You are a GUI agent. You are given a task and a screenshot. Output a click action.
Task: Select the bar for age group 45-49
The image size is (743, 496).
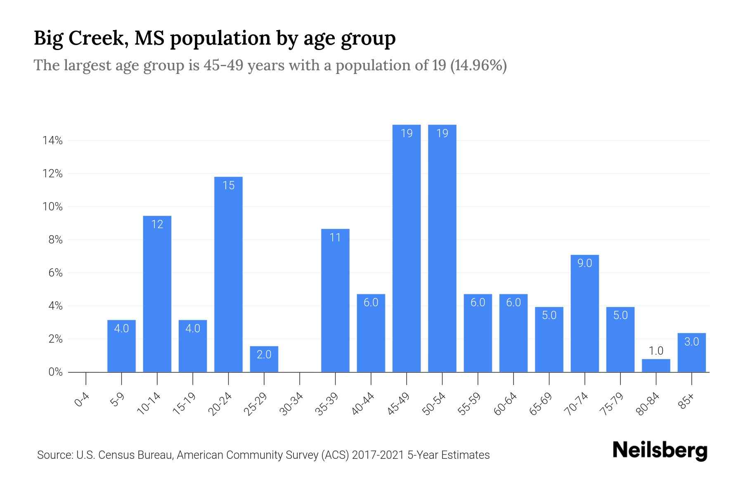point(407,248)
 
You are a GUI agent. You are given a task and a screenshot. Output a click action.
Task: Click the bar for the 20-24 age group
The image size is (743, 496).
point(228,274)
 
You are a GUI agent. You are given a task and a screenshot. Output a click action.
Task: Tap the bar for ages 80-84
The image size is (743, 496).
point(656,365)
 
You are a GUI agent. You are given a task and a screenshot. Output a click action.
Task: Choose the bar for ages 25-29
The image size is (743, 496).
point(264,359)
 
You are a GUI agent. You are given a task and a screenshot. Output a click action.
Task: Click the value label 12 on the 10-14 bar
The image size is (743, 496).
point(157,224)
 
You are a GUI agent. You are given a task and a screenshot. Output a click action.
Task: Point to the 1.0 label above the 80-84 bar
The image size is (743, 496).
point(656,351)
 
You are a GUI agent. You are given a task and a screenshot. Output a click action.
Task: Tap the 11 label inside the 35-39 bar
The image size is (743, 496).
point(335,238)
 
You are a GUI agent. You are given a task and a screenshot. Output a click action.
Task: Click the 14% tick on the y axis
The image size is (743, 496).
point(52,141)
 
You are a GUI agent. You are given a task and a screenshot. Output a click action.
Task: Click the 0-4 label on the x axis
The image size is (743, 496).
point(82,400)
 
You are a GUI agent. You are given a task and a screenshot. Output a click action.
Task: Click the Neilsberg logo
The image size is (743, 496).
point(660,451)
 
